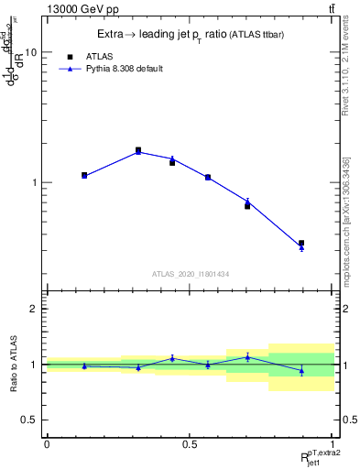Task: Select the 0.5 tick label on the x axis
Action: pos(190,443)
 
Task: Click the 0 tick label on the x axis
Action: pos(47,443)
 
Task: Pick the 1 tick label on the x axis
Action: pos(333,443)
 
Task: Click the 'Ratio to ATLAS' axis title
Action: pos(13,364)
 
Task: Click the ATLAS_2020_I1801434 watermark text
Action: pos(190,274)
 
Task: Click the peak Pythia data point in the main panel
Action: pos(138,151)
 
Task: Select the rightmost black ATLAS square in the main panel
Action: pos(301,244)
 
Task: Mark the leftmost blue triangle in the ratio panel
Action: pos(84,365)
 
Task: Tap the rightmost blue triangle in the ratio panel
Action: pos(301,370)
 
